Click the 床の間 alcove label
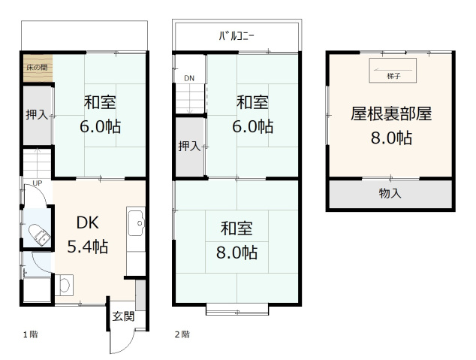click(36, 68)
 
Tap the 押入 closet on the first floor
click(36, 115)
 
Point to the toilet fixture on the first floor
click(38, 234)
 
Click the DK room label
click(88, 223)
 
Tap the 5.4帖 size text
click(88, 246)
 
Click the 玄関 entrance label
click(123, 316)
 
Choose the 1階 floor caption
click(29, 333)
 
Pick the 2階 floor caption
click(182, 333)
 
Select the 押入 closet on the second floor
click(188, 146)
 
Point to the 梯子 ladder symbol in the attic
click(392, 72)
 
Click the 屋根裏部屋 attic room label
click(391, 113)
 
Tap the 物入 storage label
click(390, 194)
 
